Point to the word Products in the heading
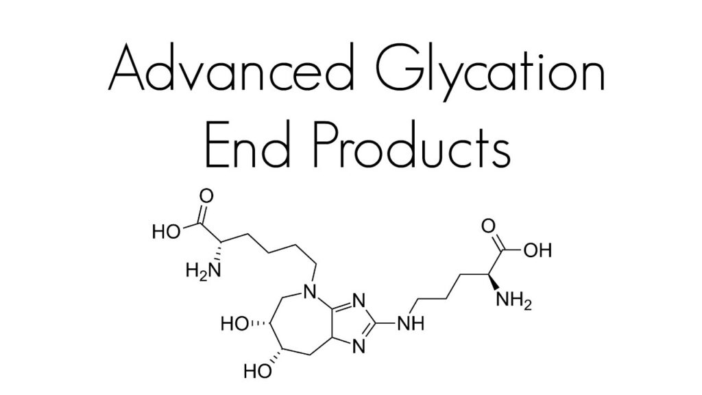(x=411, y=145)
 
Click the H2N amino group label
(x=203, y=270)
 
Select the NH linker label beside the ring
(x=411, y=323)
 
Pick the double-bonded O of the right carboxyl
(x=488, y=226)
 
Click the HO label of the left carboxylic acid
(x=166, y=232)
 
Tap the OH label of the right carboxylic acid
(x=537, y=250)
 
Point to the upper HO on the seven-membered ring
(x=234, y=324)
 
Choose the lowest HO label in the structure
(x=258, y=371)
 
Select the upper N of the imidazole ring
(x=359, y=300)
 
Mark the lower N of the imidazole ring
(x=359, y=346)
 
